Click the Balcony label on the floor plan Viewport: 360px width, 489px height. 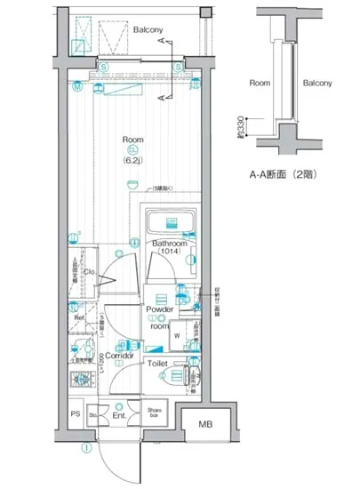pos(148,29)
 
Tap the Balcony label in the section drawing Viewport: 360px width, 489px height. pos(316,83)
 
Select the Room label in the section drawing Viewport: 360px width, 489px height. pos(260,83)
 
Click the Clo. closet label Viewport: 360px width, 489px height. pos(89,272)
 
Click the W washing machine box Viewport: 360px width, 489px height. pos(176,335)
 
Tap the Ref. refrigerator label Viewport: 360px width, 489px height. pos(78,317)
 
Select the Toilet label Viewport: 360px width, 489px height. pos(157,363)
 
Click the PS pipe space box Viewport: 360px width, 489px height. pos(75,413)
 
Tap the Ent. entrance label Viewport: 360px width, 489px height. pos(117,414)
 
